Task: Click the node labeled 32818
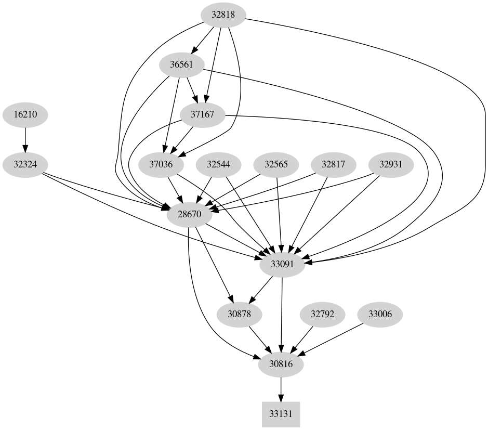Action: [223, 15]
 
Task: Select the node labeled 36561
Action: [182, 65]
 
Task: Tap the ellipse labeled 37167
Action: [203, 115]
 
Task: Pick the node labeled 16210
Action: [25, 115]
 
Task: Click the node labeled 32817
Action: [333, 165]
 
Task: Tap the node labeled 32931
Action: [391, 165]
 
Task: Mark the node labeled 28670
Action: [189, 215]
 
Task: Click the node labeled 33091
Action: [282, 264]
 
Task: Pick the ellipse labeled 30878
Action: [239, 314]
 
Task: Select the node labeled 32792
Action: [323, 314]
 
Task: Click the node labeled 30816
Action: [281, 364]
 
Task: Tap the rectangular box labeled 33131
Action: [281, 414]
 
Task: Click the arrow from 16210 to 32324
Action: [25, 140]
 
